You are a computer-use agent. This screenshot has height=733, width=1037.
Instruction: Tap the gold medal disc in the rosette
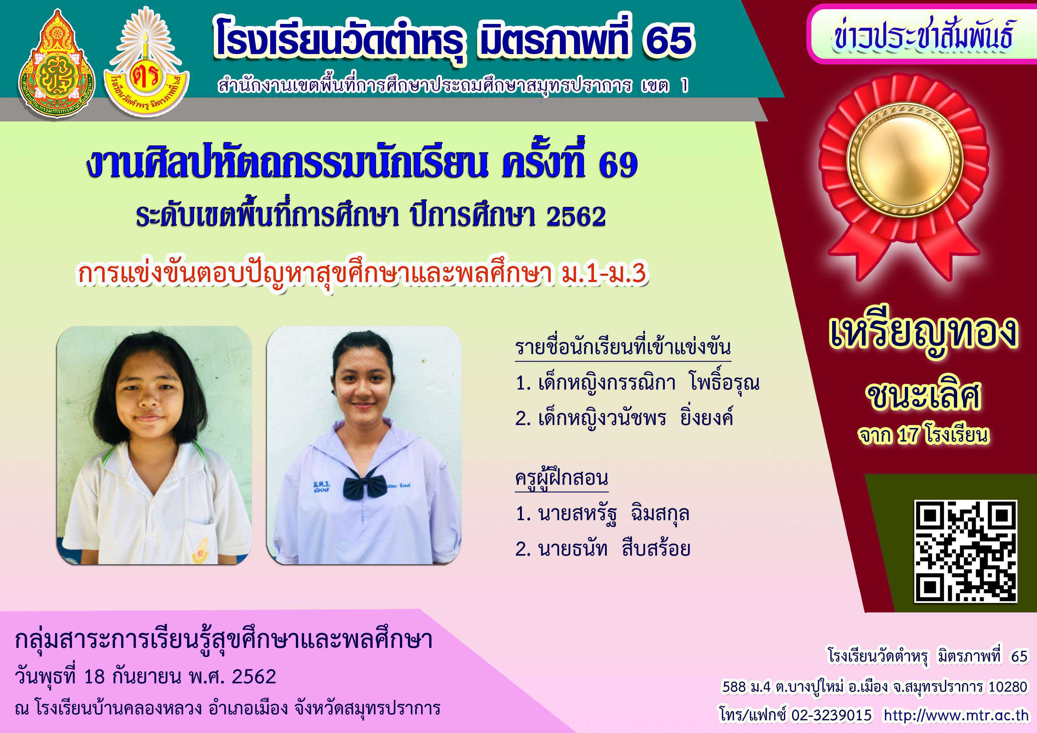(905, 160)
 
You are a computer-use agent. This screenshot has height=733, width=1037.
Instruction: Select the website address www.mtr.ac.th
(956, 715)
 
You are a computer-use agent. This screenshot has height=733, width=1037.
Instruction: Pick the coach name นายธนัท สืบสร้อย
(603, 549)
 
